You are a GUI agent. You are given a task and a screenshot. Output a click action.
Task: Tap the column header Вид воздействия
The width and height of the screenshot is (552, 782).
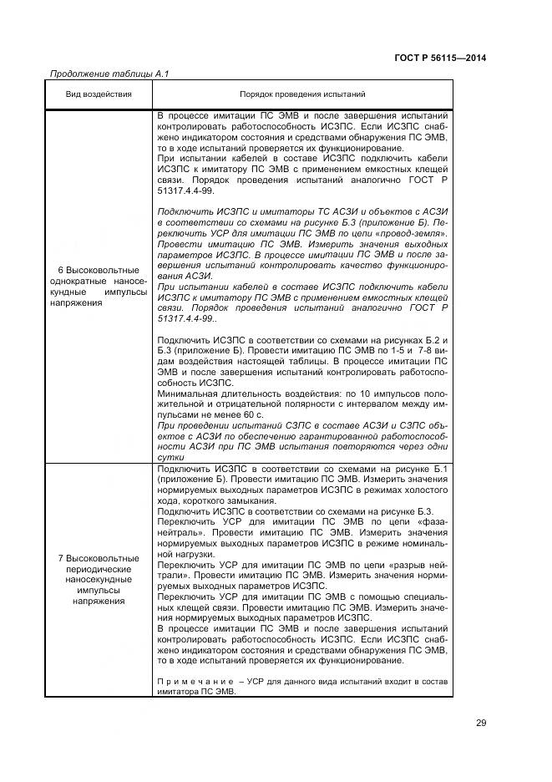99,94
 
